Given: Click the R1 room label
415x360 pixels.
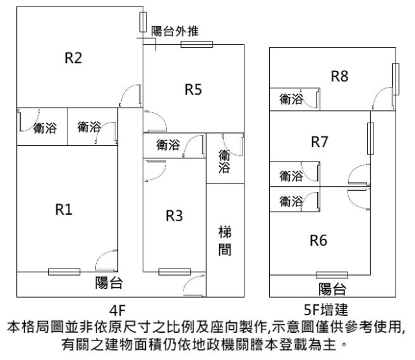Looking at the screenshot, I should [x=63, y=210].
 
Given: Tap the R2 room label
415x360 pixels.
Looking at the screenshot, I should [x=73, y=58].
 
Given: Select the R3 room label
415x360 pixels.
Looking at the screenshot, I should [x=174, y=217].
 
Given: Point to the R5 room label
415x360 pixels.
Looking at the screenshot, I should [x=193, y=90].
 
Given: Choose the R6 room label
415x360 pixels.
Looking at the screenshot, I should [x=318, y=241].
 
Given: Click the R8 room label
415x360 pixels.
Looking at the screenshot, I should [x=340, y=77].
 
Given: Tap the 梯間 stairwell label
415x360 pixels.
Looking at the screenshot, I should [x=224, y=241].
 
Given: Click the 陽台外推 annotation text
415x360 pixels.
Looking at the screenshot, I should [x=175, y=30].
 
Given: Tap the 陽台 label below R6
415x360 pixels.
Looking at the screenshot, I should [x=331, y=288].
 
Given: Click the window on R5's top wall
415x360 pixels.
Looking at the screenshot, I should [x=196, y=44].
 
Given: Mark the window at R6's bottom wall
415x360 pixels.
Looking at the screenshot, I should [x=331, y=275].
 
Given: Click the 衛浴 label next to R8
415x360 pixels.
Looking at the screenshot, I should [x=291, y=99].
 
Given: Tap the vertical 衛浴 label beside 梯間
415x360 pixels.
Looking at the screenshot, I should [x=224, y=162].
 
